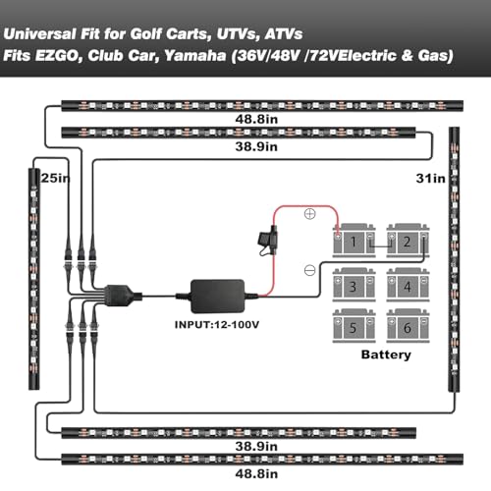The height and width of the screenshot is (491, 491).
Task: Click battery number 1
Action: click(x=354, y=241)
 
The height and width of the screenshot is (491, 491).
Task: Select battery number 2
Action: click(x=408, y=241)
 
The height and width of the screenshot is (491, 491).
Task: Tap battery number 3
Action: click(x=354, y=285)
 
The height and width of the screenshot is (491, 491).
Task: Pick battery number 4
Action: click(x=408, y=285)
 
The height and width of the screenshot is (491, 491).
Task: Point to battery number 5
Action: click(x=354, y=326)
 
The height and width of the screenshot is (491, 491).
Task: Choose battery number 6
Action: click(x=408, y=326)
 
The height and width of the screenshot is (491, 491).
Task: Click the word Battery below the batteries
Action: click(x=386, y=355)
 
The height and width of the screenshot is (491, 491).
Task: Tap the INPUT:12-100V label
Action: click(x=217, y=325)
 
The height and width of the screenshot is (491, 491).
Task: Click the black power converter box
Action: click(x=217, y=297)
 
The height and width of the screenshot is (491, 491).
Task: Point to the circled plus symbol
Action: click(x=309, y=214)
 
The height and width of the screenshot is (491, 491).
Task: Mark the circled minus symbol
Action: click(x=309, y=270)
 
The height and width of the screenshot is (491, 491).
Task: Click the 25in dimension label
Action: click(x=55, y=178)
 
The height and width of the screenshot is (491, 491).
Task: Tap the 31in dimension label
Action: click(x=430, y=179)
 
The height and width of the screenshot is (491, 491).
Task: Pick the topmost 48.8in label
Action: click(x=256, y=119)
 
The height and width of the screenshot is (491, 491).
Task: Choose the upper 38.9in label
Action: click(x=256, y=146)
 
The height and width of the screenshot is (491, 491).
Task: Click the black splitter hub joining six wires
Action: click(x=119, y=296)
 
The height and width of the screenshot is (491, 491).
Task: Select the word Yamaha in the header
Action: click(x=195, y=55)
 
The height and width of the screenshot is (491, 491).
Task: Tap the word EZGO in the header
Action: click(x=58, y=55)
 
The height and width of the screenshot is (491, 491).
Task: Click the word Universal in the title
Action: click(x=39, y=33)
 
